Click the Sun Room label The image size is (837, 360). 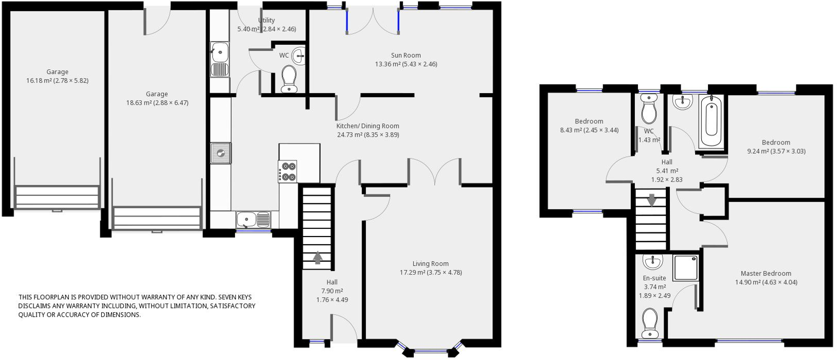(406, 56)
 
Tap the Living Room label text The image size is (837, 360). (430, 263)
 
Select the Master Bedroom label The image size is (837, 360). (766, 273)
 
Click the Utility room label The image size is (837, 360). (266, 20)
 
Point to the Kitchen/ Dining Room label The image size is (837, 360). (368, 126)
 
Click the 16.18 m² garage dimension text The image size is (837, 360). (57, 80)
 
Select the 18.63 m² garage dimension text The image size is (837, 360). (157, 102)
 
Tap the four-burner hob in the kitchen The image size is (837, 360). (287, 171)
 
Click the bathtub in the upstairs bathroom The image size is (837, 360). (712, 120)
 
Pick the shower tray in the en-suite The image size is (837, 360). (686, 267)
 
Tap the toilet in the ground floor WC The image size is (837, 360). (288, 79)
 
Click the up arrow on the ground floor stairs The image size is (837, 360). (317, 258)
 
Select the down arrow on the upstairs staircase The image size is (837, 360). (652, 200)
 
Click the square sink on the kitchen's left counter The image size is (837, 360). (221, 153)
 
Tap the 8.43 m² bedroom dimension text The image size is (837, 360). (589, 130)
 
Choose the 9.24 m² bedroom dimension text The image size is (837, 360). (776, 151)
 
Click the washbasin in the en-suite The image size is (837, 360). (653, 261)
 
